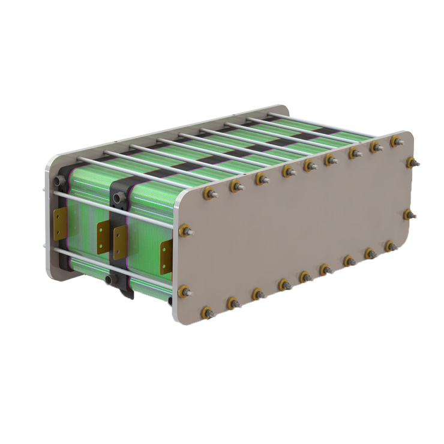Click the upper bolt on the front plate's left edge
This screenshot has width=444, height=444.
click(185, 230)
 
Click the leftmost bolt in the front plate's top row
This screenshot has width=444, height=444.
click(209, 194)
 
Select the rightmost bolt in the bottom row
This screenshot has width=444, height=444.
click(390, 245)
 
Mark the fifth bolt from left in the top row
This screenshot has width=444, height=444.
click(310, 165)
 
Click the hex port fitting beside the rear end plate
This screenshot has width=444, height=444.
click(58, 179)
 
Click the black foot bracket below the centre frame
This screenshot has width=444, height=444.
click(127, 293)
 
